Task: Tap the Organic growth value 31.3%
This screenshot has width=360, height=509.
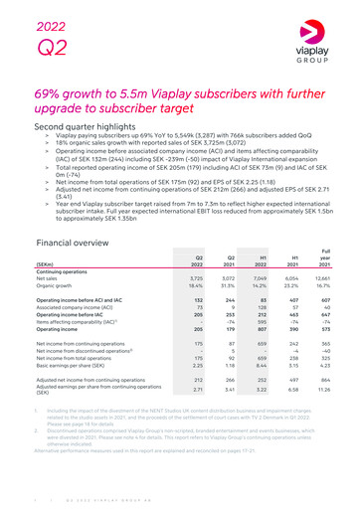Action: [224, 286]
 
